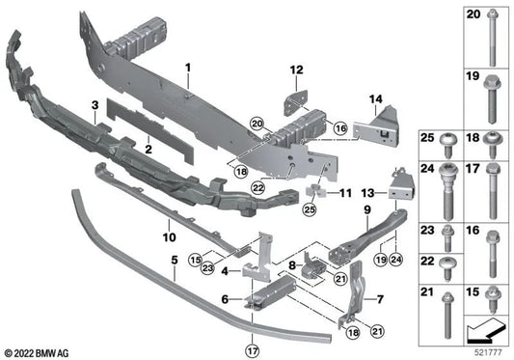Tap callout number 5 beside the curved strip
(x=174, y=260)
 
